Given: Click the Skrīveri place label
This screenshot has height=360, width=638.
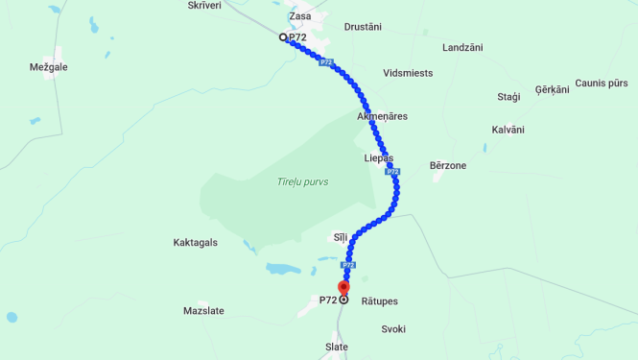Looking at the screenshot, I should click(204, 5).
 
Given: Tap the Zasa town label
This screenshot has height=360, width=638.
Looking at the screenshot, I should click(300, 16).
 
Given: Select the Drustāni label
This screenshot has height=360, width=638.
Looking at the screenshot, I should click(363, 27).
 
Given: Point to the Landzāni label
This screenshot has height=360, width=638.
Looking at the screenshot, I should click(462, 47).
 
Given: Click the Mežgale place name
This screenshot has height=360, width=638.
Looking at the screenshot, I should click(50, 68).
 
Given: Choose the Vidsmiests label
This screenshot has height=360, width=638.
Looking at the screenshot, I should click(408, 73).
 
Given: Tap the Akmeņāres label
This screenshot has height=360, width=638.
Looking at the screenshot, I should click(382, 116).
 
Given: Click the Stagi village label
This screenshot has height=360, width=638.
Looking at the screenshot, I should click(508, 97).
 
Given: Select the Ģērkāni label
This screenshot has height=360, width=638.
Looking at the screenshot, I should click(552, 89).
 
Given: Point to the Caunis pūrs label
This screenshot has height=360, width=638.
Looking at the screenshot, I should click(602, 84).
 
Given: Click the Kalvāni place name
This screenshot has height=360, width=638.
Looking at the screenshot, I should click(508, 130).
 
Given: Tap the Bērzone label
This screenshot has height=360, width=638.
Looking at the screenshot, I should click(448, 165).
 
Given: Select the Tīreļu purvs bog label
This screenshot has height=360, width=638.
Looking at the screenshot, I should click(302, 181).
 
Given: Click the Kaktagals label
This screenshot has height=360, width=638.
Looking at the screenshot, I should click(195, 243).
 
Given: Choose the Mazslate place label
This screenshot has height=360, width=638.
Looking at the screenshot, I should click(203, 311).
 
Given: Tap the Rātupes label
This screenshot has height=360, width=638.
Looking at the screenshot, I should click(379, 301).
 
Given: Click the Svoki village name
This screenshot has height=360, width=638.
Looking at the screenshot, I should click(393, 328).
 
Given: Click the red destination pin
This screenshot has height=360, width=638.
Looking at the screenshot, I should click(343, 287).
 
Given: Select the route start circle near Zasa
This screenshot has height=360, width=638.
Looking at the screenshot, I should click(283, 37).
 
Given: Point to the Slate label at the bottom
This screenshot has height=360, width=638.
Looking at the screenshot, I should click(337, 348).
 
